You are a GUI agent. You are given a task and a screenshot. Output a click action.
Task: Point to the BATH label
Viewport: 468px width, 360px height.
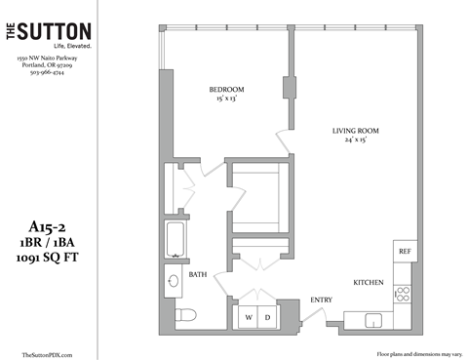pos(198,274)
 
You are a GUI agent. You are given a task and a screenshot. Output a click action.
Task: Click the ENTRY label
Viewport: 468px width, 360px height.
pos(321,300)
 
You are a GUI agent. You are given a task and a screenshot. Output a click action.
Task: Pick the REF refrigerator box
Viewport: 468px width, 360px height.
pos(405,252)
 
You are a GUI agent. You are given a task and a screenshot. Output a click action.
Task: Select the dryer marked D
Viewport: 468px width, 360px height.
pos(267,318)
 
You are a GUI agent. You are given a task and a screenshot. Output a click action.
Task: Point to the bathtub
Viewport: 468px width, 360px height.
pos(176,240)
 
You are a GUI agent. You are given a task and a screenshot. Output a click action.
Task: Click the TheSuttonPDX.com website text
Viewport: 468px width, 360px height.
pos(47,354)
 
